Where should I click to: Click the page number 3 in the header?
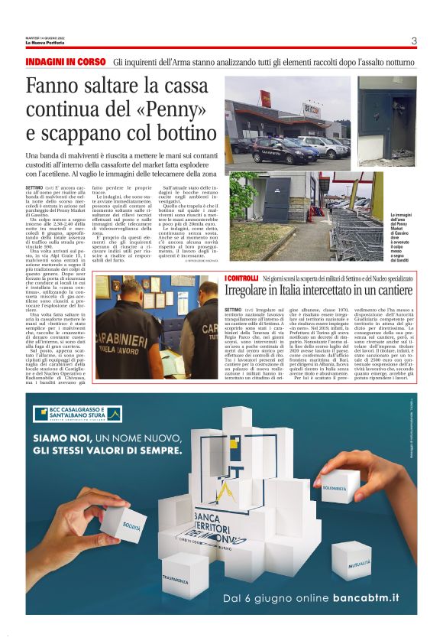[x=413, y=41]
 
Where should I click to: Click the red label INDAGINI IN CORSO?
[x=65, y=61]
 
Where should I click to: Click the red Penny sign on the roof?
[x=267, y=98]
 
